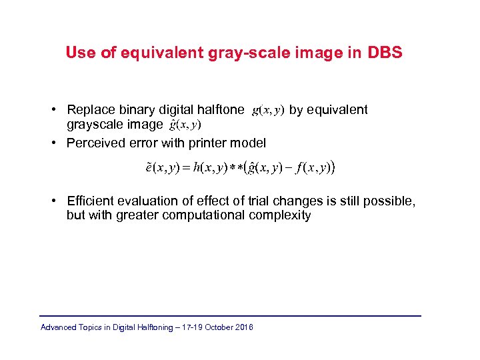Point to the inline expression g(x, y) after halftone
[268, 111]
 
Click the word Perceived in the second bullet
[94, 143]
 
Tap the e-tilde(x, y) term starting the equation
[161, 168]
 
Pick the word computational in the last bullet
[207, 215]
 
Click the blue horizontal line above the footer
[231, 315]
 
